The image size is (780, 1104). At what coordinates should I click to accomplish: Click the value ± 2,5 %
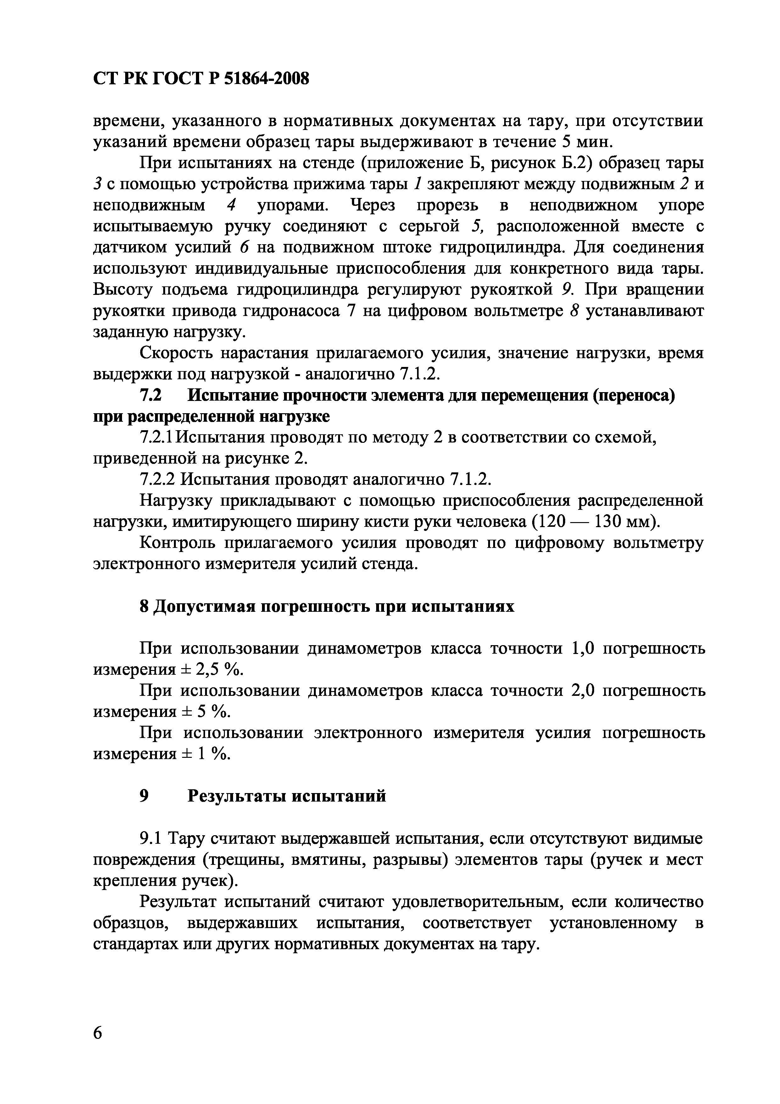point(211,670)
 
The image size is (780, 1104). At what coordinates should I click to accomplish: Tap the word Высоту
point(123,290)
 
